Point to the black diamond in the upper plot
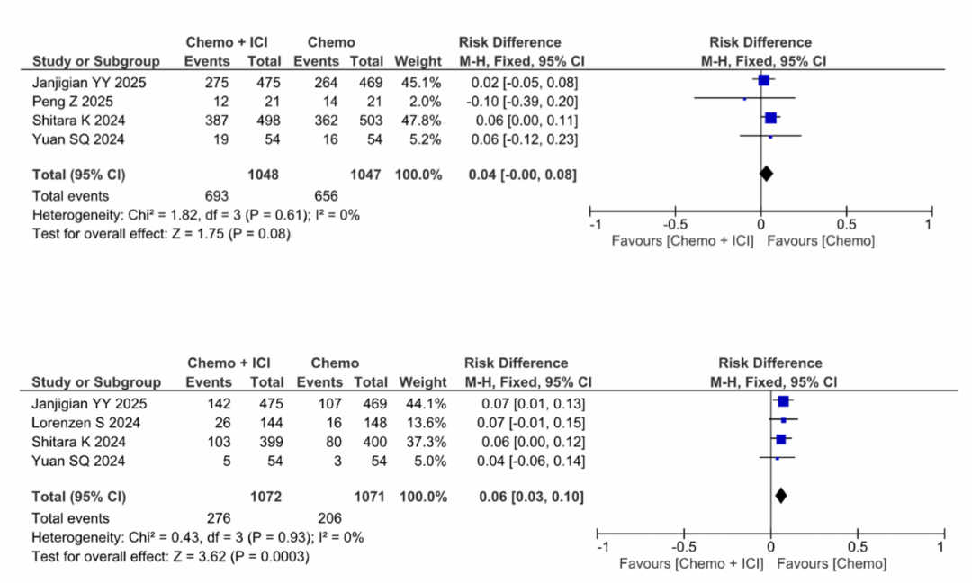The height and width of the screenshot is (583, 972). (x=766, y=174)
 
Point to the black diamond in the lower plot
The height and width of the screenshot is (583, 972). (x=780, y=495)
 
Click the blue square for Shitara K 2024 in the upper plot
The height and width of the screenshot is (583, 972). (x=770, y=118)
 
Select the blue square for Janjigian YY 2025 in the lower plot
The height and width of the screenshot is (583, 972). (x=783, y=401)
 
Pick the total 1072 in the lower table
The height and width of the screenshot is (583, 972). (x=265, y=497)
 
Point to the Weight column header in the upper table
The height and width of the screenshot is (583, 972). (x=418, y=62)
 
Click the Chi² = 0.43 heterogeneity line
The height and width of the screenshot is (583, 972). (x=198, y=537)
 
